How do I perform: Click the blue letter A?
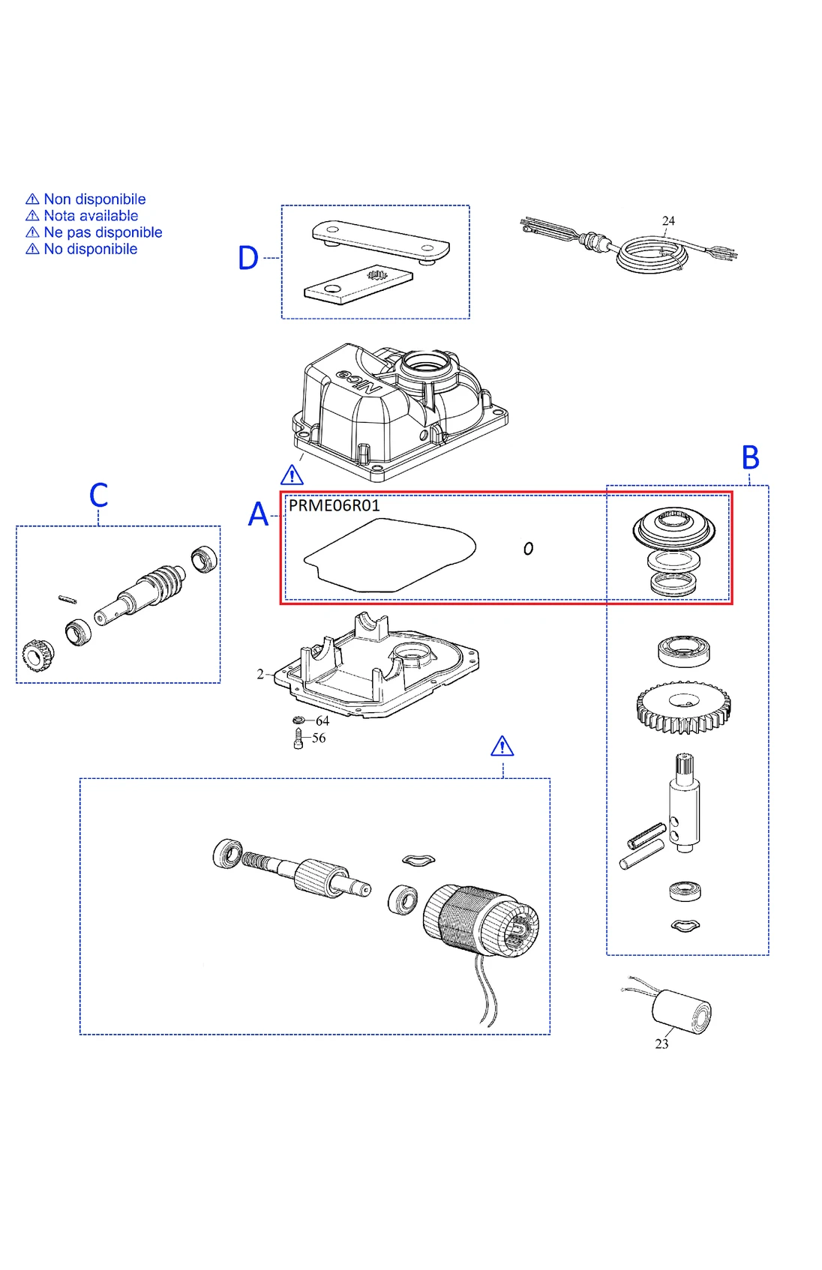pos(258,514)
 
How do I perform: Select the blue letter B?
pos(750,457)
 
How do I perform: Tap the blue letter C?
pos(98,496)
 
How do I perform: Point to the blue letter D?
pos(248,258)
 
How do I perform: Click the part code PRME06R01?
pos(334,505)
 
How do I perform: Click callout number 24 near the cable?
pos(668,221)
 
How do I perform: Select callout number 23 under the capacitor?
pos(661,1044)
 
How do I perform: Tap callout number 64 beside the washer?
pos(322,720)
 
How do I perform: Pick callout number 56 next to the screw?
pos(319,738)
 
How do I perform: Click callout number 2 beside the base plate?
pos(260,674)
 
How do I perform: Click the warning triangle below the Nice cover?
pos(292,475)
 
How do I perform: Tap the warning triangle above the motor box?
pos(502,747)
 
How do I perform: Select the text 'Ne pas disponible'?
pos(103,232)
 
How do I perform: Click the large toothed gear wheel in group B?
pos(682,706)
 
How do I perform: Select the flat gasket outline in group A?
pos(390,555)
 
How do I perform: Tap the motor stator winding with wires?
pos(480,922)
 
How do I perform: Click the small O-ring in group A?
pos(528,549)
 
